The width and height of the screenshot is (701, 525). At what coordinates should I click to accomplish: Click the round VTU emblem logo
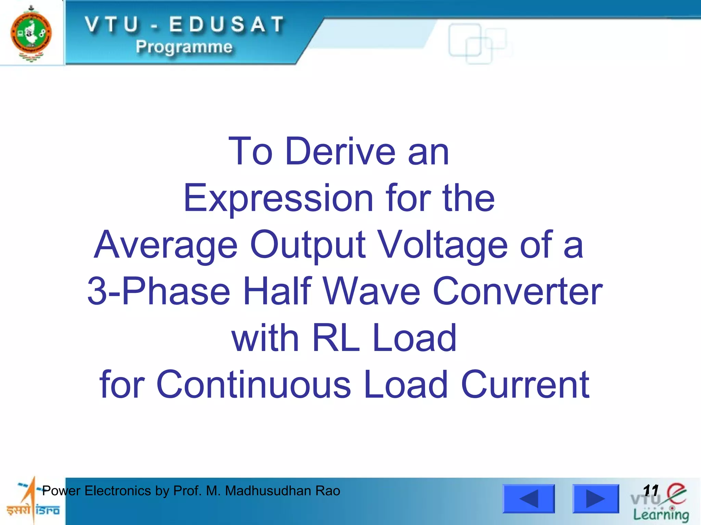[x=31, y=33]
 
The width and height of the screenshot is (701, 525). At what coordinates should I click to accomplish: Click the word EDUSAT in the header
[x=227, y=25]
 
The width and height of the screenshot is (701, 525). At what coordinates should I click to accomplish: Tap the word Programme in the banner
[x=184, y=46]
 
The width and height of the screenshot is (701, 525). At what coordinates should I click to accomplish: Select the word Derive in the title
[x=340, y=151]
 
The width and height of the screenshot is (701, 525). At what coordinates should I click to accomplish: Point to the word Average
[x=166, y=245]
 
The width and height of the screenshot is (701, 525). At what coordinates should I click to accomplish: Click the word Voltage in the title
[x=444, y=245]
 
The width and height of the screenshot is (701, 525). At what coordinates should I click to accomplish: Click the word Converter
[x=518, y=291]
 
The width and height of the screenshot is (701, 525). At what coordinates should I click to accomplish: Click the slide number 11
[x=651, y=490]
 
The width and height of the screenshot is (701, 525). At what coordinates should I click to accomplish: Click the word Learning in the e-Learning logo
[x=661, y=514]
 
